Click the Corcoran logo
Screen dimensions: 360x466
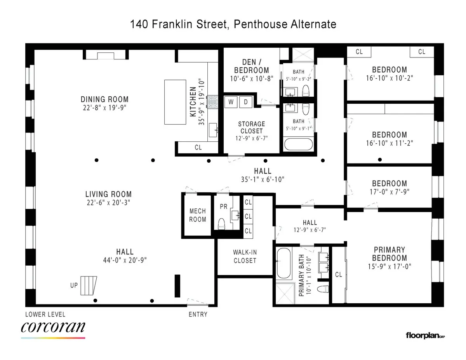point(53,328)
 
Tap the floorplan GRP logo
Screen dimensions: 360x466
point(425,335)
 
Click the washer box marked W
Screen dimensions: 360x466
point(231,102)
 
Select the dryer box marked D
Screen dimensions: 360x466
point(246,102)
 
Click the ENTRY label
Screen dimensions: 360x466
point(198,314)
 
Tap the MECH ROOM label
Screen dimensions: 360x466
point(198,215)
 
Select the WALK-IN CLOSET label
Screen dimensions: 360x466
point(245,256)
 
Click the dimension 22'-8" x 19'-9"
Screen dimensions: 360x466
point(104,107)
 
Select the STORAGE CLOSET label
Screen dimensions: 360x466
point(251,127)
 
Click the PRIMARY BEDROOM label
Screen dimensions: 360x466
point(389,254)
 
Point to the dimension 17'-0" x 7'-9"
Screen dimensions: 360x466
point(389,191)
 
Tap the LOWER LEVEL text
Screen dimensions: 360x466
point(45,314)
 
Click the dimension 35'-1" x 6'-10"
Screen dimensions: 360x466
point(263,179)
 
